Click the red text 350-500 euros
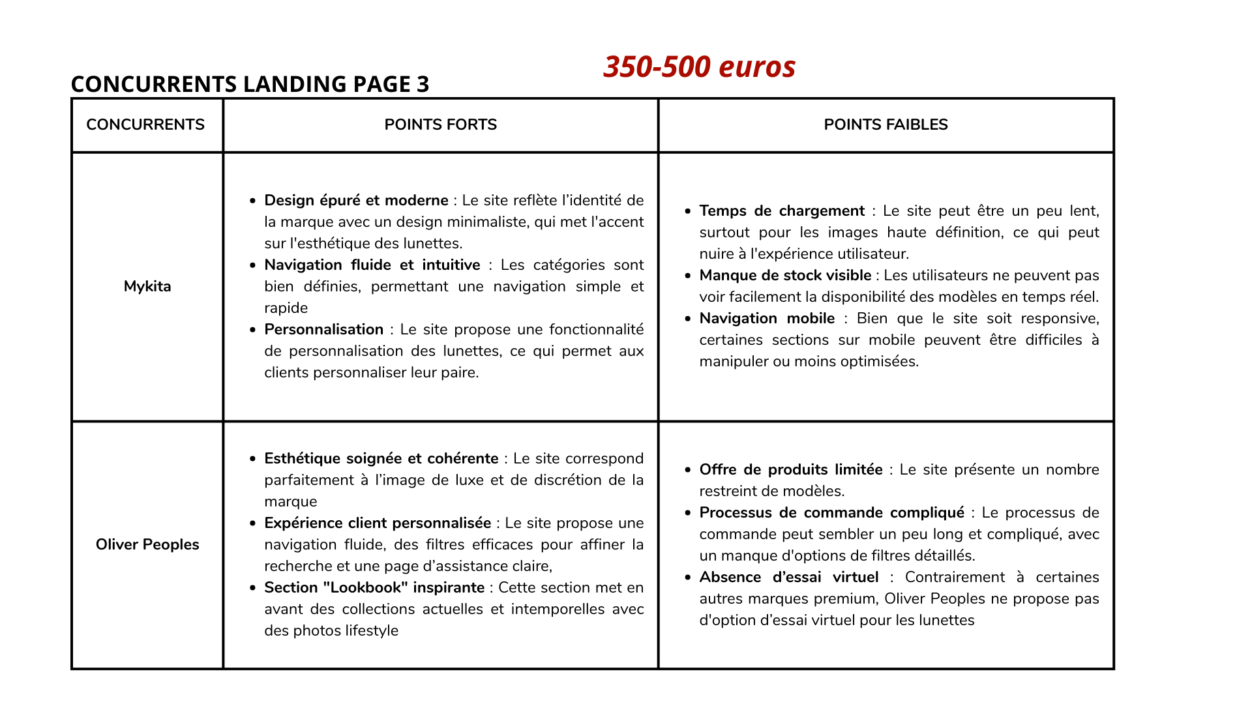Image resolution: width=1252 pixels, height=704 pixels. (x=699, y=66)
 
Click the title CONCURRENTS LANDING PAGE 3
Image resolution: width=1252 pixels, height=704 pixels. (x=250, y=84)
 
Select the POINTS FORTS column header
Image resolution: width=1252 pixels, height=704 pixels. (x=440, y=125)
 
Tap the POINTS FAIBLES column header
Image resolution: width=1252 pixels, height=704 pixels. (x=886, y=125)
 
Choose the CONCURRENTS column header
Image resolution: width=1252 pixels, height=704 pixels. (x=145, y=125)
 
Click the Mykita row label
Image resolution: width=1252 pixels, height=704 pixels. (x=147, y=286)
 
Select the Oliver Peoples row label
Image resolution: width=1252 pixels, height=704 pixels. (x=147, y=544)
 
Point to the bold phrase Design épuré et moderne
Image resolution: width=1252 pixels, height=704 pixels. (x=356, y=200)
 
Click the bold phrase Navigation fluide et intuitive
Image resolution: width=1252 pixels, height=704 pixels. (x=372, y=265)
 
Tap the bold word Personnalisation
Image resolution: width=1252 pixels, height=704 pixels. (x=323, y=329)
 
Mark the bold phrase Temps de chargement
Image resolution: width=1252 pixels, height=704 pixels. (x=782, y=211)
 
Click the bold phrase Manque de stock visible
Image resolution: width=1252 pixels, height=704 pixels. (x=785, y=275)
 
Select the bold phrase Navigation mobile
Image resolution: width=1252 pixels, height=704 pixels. (x=767, y=318)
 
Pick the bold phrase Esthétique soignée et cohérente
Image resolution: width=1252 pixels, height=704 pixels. (x=381, y=458)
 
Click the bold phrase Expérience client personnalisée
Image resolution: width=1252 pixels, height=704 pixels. (x=378, y=523)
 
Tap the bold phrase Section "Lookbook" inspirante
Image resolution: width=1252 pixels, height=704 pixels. (x=374, y=587)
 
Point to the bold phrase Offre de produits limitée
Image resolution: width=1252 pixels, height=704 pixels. (x=791, y=469)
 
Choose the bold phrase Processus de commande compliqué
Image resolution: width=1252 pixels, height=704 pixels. (x=831, y=512)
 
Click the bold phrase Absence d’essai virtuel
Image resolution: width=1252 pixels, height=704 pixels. (x=789, y=577)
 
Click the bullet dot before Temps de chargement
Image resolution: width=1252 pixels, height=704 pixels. (x=688, y=211)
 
